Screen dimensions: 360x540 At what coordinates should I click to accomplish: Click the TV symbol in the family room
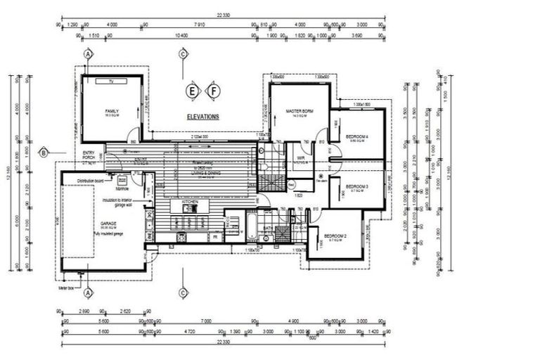click(110, 82)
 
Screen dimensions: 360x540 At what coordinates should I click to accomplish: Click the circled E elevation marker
click(191, 90)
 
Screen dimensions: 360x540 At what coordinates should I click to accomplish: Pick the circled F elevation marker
click(213, 90)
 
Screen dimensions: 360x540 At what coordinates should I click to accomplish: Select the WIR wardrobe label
click(300, 159)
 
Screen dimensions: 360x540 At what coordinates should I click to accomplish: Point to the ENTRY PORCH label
click(89, 155)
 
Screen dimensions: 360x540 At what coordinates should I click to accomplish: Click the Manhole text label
click(121, 188)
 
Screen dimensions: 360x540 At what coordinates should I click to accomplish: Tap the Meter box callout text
click(66, 288)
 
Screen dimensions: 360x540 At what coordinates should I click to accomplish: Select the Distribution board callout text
click(89, 180)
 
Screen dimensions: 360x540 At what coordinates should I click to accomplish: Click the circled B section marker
click(43, 153)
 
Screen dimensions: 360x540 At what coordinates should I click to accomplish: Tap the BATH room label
click(267, 229)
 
